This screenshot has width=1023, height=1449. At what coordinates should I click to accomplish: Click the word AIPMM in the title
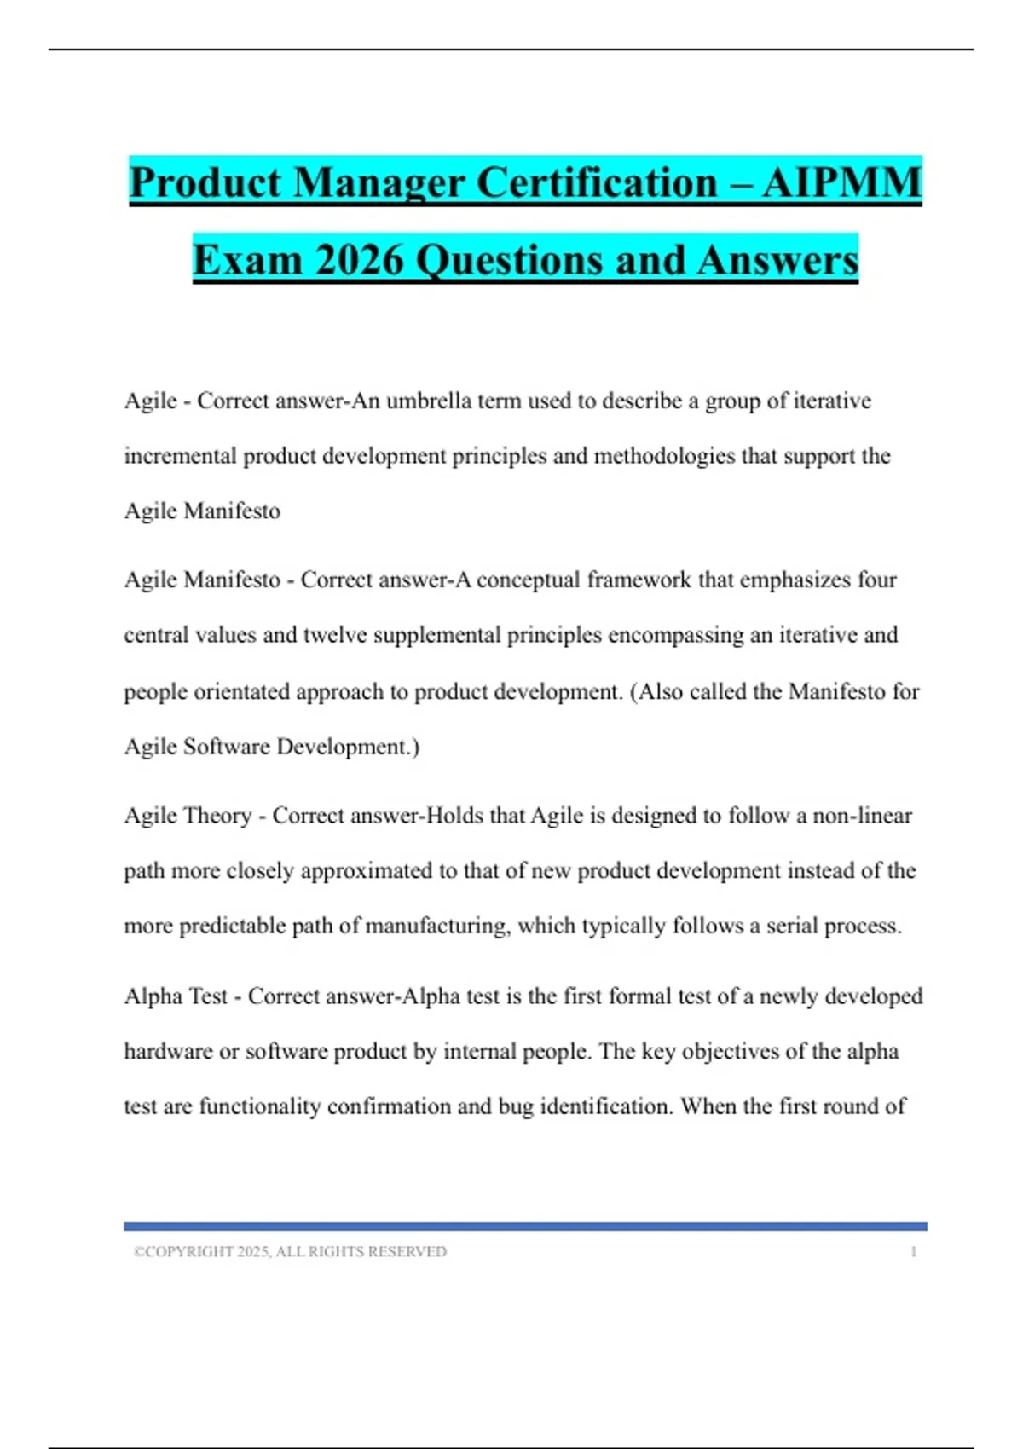tap(841, 183)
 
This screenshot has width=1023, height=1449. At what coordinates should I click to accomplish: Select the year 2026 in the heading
tap(358, 260)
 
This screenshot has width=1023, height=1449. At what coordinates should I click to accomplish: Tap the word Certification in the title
tap(596, 183)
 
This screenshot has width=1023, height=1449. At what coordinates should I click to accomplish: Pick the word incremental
tap(180, 456)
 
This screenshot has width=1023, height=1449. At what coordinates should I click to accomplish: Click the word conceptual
tap(529, 580)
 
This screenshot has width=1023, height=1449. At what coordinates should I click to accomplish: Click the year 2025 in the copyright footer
tap(252, 1251)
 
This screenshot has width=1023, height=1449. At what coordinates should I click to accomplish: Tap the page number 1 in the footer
tap(913, 1251)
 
